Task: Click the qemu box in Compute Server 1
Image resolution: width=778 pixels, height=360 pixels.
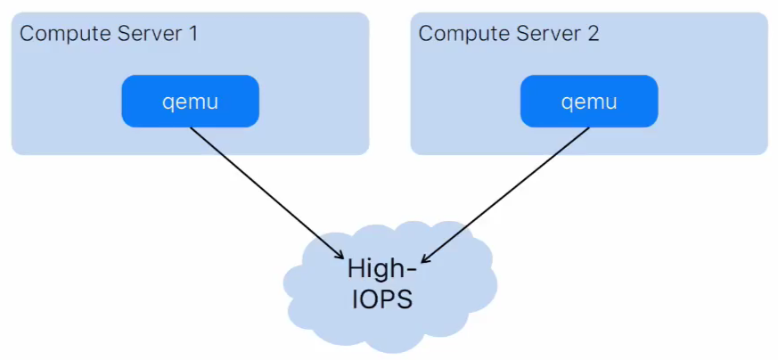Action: click(x=191, y=102)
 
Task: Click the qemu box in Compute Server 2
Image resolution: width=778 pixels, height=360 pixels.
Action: click(x=589, y=102)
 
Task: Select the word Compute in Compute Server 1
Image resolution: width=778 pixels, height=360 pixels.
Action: click(x=64, y=34)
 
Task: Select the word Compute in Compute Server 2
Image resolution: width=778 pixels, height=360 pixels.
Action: click(x=463, y=34)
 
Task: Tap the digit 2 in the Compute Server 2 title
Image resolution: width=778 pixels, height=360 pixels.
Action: click(x=593, y=34)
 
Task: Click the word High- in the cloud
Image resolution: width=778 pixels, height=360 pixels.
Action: click(x=382, y=269)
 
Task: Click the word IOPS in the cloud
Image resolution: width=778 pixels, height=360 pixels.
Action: click(x=382, y=299)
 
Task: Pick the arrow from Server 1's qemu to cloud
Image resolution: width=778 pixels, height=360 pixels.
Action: click(x=267, y=192)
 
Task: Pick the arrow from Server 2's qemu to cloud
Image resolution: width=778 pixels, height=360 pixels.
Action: click(x=504, y=195)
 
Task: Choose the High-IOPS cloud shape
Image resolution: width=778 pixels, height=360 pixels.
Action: click(x=390, y=286)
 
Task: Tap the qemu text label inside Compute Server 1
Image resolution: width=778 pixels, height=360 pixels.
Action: click(x=191, y=102)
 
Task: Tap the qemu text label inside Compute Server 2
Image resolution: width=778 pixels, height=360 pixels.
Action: click(x=589, y=102)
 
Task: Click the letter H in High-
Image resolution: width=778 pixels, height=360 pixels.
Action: click(x=356, y=267)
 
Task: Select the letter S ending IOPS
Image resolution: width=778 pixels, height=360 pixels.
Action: click(x=405, y=299)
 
